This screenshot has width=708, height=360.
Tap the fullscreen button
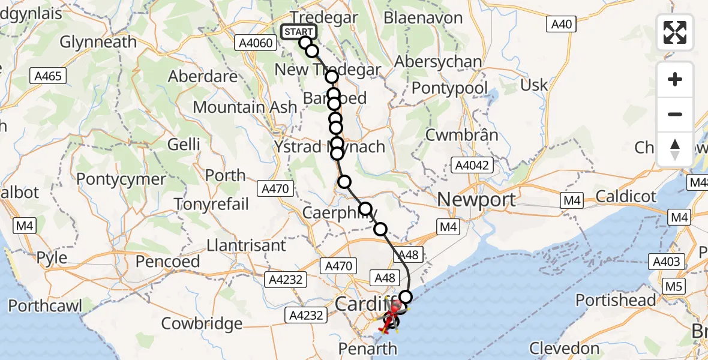point(675,32)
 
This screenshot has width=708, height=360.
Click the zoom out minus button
point(675,114)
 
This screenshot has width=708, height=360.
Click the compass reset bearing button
point(675,149)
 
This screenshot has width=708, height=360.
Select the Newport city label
point(476,200)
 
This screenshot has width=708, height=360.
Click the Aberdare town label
point(203,77)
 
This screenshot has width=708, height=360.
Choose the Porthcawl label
point(46,305)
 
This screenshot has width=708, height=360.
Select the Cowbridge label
point(202,323)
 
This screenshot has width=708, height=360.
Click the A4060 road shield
point(259,43)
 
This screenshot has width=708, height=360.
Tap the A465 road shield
point(48,76)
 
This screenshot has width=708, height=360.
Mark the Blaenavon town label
point(423,17)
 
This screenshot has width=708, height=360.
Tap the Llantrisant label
point(246,245)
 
